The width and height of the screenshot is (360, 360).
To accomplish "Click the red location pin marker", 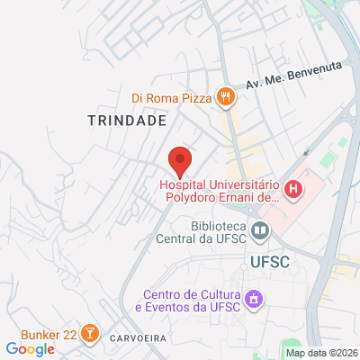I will pos(180,160).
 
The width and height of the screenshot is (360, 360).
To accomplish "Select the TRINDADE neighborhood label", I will pos(128,120).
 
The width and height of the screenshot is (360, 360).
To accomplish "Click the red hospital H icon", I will pos(292,190).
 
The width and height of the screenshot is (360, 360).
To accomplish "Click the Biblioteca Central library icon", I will pos(260,231).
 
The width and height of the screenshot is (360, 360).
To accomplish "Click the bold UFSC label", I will pos(265,261).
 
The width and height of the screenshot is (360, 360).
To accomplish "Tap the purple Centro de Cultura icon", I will pos(254,297).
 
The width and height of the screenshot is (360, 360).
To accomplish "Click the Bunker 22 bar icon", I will pos(90,334).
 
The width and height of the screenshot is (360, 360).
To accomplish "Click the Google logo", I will pos(30,349).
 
